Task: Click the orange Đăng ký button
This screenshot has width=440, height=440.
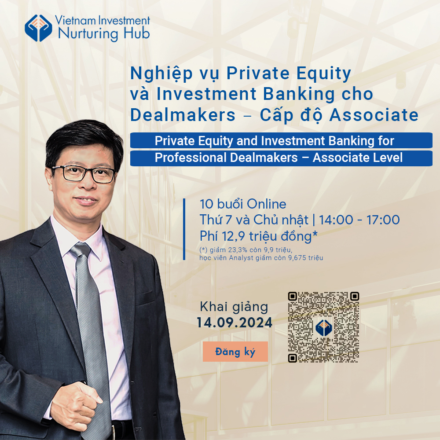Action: [235, 351]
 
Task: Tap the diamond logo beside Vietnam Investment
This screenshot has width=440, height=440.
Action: [38, 28]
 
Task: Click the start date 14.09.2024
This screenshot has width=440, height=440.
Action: [235, 323]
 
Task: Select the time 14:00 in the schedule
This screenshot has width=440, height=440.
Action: [336, 220]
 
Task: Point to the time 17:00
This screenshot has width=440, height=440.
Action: [383, 220]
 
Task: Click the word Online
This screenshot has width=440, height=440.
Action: [267, 204]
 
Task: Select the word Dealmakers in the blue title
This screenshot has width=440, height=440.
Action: [183, 115]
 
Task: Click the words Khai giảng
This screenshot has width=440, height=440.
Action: [234, 307]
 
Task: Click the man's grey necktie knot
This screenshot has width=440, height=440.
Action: [81, 250]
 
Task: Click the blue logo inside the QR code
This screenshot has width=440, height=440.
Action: [323, 327]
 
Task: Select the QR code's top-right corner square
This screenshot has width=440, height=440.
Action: [355, 296]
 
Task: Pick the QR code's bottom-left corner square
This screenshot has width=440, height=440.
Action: [293, 358]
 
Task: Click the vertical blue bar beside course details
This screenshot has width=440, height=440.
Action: [184, 229]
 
